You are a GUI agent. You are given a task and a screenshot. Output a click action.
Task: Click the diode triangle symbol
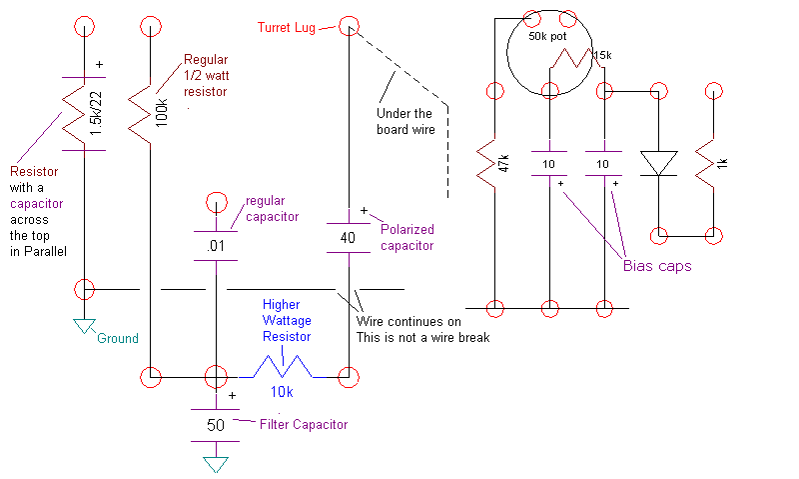658,163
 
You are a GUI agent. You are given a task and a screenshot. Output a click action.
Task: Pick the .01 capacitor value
214,244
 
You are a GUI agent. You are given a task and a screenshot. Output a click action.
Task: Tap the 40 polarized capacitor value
348,238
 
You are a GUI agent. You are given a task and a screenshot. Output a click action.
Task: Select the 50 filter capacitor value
215,425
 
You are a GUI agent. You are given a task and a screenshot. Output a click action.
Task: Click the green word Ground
118,338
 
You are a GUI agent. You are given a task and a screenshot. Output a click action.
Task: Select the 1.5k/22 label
94,113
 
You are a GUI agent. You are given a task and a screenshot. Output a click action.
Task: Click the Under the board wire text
404,121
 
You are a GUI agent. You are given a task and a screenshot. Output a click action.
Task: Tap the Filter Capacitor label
304,424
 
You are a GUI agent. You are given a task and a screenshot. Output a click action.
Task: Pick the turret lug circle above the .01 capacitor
214,204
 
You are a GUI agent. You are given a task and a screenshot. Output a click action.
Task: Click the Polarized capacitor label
406,237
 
